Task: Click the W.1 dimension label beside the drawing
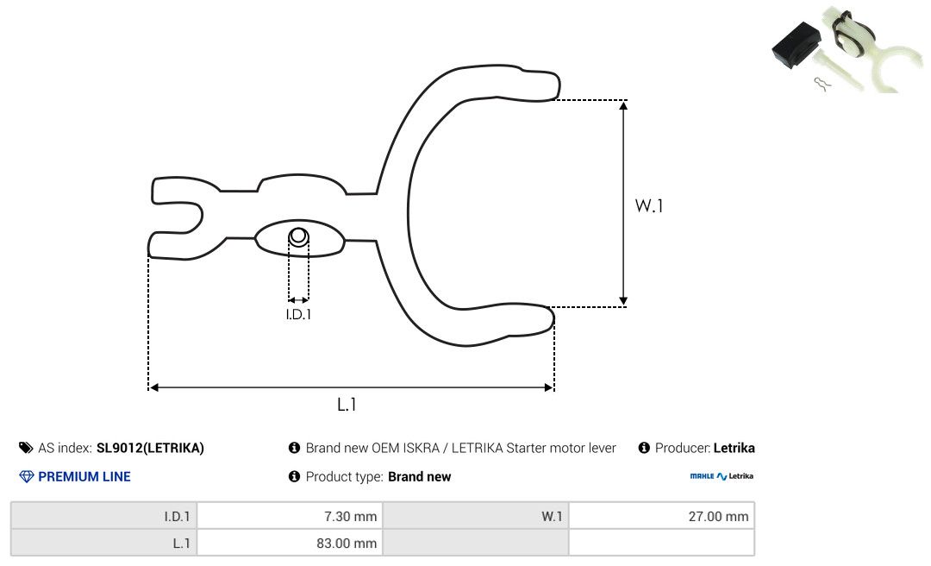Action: pyautogui.click(x=649, y=205)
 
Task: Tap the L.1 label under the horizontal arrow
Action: pyautogui.click(x=347, y=405)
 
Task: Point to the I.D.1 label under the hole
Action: pyautogui.click(x=298, y=314)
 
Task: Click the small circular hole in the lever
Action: pyautogui.click(x=298, y=236)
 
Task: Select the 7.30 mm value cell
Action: pyautogui.click(x=291, y=516)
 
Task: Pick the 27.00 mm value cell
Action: pyautogui.click(x=661, y=516)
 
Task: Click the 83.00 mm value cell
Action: pyautogui.click(x=291, y=543)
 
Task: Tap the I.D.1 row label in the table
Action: pyautogui.click(x=104, y=516)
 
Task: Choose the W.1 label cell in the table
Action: pyautogui.click(x=476, y=516)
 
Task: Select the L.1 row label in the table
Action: pyautogui.click(x=104, y=543)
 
